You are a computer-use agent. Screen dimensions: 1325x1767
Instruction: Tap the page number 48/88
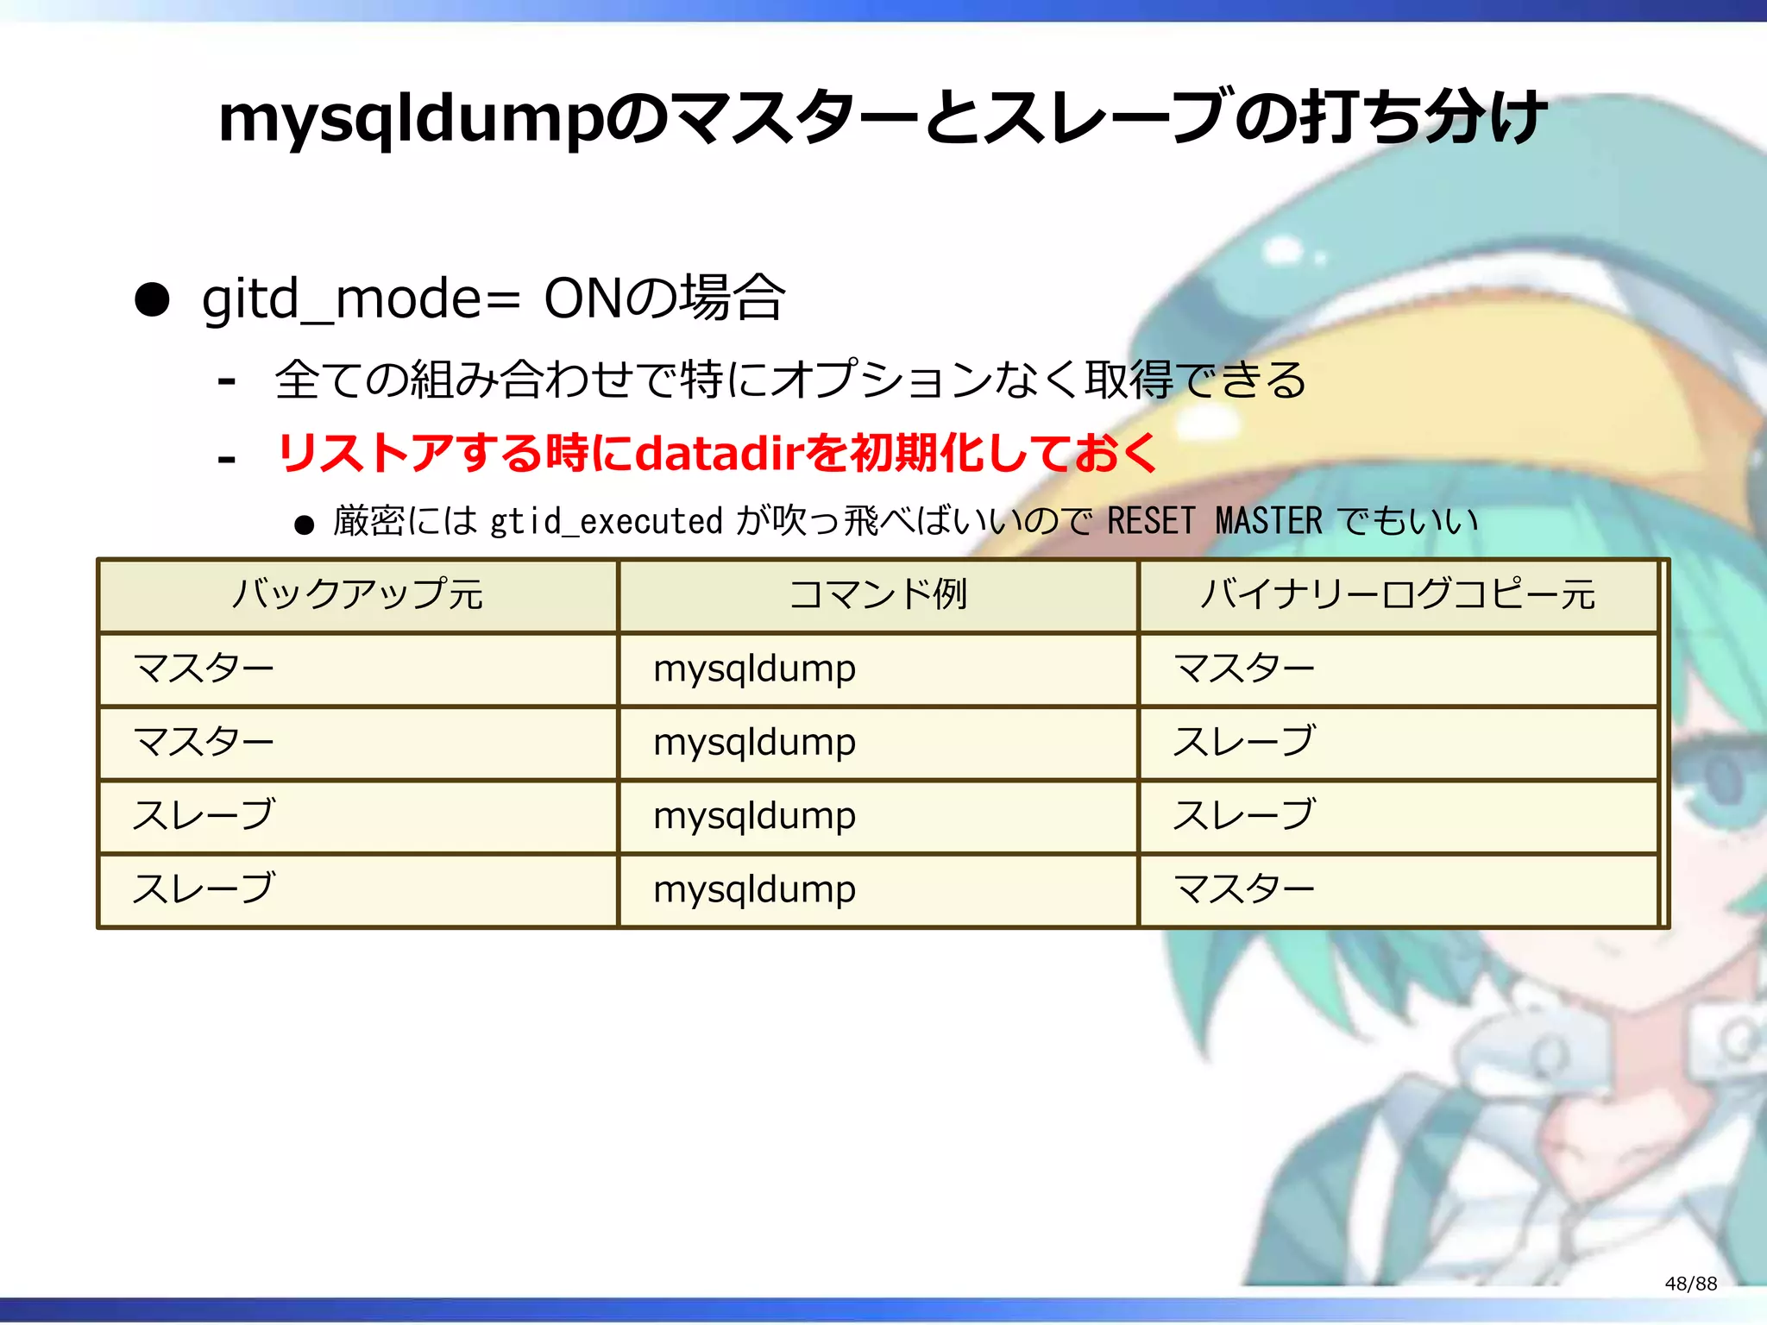coord(1690,1284)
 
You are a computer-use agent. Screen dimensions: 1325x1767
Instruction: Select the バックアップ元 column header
coord(357,594)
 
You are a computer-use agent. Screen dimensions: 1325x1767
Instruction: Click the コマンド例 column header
coord(877,594)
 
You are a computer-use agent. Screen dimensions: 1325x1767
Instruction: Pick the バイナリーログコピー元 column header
coord(1398,594)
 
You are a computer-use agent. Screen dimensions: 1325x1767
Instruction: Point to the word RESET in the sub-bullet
coord(1151,521)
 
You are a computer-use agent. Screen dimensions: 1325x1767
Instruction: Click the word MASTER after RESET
coord(1268,521)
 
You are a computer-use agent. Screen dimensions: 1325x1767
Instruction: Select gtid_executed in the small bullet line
coord(606,522)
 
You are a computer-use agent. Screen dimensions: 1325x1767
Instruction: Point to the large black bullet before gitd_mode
coord(152,300)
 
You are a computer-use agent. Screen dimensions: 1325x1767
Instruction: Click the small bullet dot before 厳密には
coord(304,524)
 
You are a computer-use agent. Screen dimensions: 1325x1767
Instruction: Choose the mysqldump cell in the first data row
coord(754,669)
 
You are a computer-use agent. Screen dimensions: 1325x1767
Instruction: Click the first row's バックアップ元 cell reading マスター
coord(204,669)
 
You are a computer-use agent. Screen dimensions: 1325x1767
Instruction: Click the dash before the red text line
coord(227,457)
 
